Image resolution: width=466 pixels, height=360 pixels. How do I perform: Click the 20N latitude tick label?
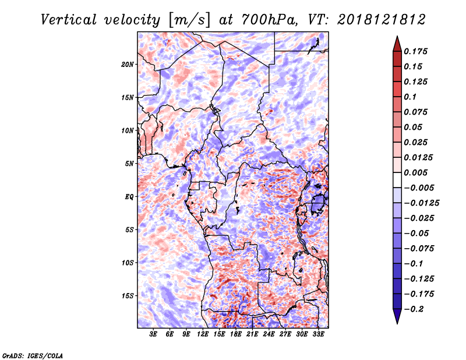click(x=128, y=64)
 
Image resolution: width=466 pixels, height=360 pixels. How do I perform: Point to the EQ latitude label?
click(x=129, y=197)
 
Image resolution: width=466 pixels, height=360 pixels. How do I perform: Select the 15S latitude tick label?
click(x=128, y=296)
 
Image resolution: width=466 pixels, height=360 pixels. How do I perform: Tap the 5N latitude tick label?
click(x=129, y=164)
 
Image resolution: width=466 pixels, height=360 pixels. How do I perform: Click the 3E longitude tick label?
click(x=154, y=335)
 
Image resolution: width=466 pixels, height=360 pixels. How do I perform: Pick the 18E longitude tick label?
click(x=236, y=335)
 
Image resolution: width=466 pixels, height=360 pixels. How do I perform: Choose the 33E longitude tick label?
click(x=318, y=335)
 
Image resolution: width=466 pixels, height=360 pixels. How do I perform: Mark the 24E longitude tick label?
click(x=269, y=335)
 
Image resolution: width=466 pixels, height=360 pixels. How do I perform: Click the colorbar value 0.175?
click(x=417, y=51)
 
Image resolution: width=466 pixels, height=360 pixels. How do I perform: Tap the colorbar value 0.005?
click(x=417, y=172)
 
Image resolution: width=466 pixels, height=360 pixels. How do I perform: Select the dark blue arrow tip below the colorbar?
click(x=396, y=318)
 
